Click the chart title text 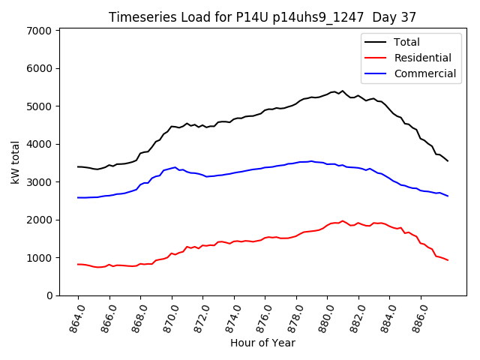pyautogui.click(x=262, y=16)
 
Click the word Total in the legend pyautogui.click(x=406, y=42)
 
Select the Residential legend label pyautogui.click(x=423, y=58)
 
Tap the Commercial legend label pyautogui.click(x=424, y=73)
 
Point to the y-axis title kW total pyautogui.click(x=15, y=162)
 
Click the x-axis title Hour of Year pyautogui.click(x=262, y=343)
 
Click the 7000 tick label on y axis pyautogui.click(x=38, y=31)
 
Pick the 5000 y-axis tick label pyautogui.click(x=38, y=106)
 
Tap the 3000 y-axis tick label pyautogui.click(x=38, y=182)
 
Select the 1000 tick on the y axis pyautogui.click(x=38, y=258)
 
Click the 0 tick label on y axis pyautogui.click(x=47, y=295)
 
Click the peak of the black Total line pyautogui.click(x=343, y=91)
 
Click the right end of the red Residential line pyautogui.click(x=448, y=260)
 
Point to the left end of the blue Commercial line pyautogui.click(x=78, y=197)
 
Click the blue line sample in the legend pyautogui.click(x=376, y=73)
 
